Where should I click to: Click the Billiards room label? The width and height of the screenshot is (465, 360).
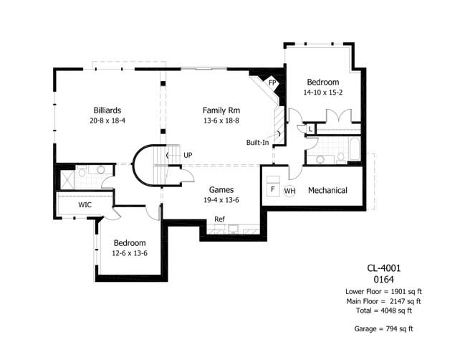pyautogui.click(x=111, y=110)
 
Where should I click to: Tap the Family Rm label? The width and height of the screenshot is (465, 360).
pyautogui.click(x=221, y=110)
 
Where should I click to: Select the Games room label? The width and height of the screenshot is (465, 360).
pyautogui.click(x=202, y=189)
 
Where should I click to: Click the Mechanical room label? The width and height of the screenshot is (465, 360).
pyautogui.click(x=327, y=190)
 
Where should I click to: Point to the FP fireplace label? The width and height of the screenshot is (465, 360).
pyautogui.click(x=272, y=83)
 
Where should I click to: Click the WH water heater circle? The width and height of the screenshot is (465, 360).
pyautogui.click(x=289, y=191)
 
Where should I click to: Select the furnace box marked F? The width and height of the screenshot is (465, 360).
pyautogui.click(x=273, y=189)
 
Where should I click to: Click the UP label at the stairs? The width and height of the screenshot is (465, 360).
pyautogui.click(x=188, y=155)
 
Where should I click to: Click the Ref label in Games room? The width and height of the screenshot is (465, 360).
pyautogui.click(x=219, y=219)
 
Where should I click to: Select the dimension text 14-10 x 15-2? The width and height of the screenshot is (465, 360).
pyautogui.click(x=322, y=92)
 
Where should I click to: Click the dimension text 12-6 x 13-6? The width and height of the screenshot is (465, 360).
pyautogui.click(x=130, y=252)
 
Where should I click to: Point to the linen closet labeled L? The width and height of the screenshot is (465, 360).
pyautogui.click(x=310, y=129)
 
